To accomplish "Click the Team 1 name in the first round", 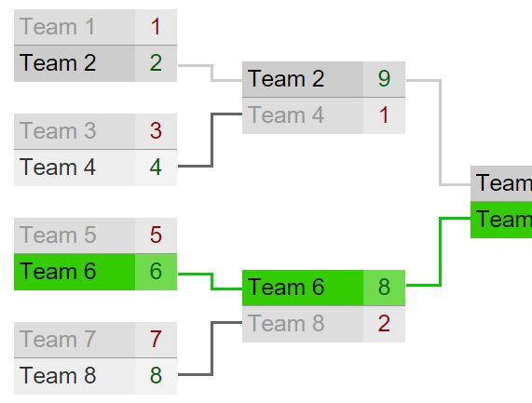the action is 57,27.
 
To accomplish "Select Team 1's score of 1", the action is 156,27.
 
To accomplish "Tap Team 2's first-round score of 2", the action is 156,63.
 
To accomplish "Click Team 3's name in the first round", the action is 58,131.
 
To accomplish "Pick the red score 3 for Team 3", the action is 156,131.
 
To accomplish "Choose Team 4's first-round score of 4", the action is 156,168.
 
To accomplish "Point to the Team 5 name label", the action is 58,235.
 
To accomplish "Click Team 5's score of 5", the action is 156,235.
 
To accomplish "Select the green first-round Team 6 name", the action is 58,272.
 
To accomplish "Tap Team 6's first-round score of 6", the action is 156,271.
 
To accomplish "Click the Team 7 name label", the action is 58,340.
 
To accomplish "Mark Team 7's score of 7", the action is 156,339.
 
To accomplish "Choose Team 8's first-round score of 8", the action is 156,375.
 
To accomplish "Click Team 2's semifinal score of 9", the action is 384,78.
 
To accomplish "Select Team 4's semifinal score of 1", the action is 384,115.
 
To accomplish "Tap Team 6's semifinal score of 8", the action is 384,287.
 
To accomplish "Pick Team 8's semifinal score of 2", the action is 384,323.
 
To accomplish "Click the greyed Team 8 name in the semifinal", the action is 286,323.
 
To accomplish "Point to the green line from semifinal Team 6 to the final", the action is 440,251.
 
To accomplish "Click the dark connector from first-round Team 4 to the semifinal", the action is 212,140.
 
